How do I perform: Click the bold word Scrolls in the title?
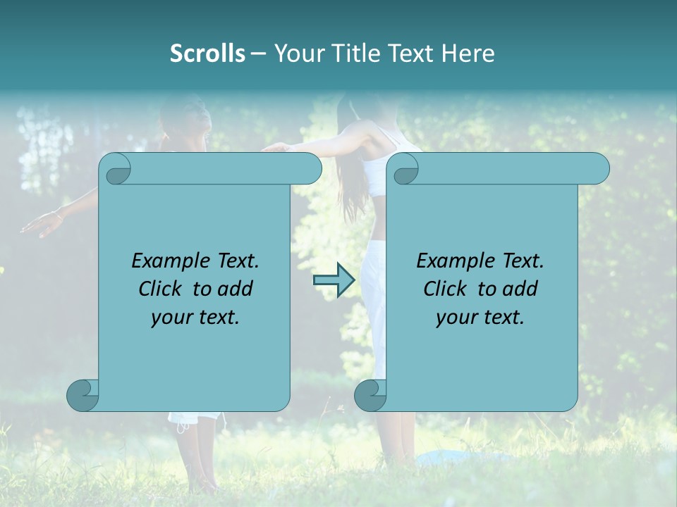(207, 54)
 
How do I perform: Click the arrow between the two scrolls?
(334, 281)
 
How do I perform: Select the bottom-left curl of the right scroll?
(370, 395)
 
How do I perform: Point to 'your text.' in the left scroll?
(195, 318)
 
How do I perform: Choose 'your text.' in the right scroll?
(480, 318)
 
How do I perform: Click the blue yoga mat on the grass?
(458, 458)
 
